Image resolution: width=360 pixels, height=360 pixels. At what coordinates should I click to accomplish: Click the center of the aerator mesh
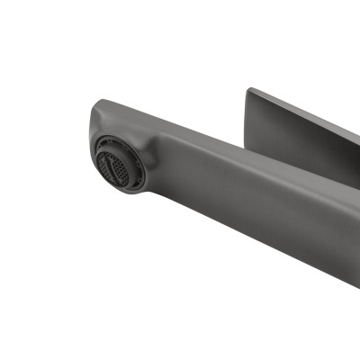coord(114,164)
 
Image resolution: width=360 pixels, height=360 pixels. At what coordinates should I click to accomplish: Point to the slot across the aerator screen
coord(115,164)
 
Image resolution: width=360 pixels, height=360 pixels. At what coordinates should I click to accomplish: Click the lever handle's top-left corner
coord(250,89)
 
